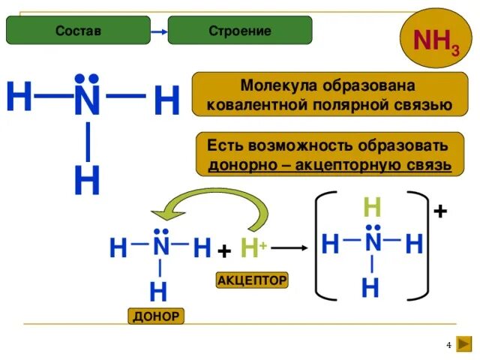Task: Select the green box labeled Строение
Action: (x=239, y=31)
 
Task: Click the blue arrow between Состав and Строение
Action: (x=158, y=31)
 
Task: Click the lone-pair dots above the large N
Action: (x=88, y=78)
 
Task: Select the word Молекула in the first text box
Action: (x=274, y=86)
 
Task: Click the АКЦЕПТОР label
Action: (x=252, y=280)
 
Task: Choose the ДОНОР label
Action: (x=156, y=316)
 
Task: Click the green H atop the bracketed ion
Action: (x=373, y=208)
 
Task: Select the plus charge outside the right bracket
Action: (x=440, y=212)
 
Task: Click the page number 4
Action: (x=449, y=344)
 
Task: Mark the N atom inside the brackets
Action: (x=373, y=244)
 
